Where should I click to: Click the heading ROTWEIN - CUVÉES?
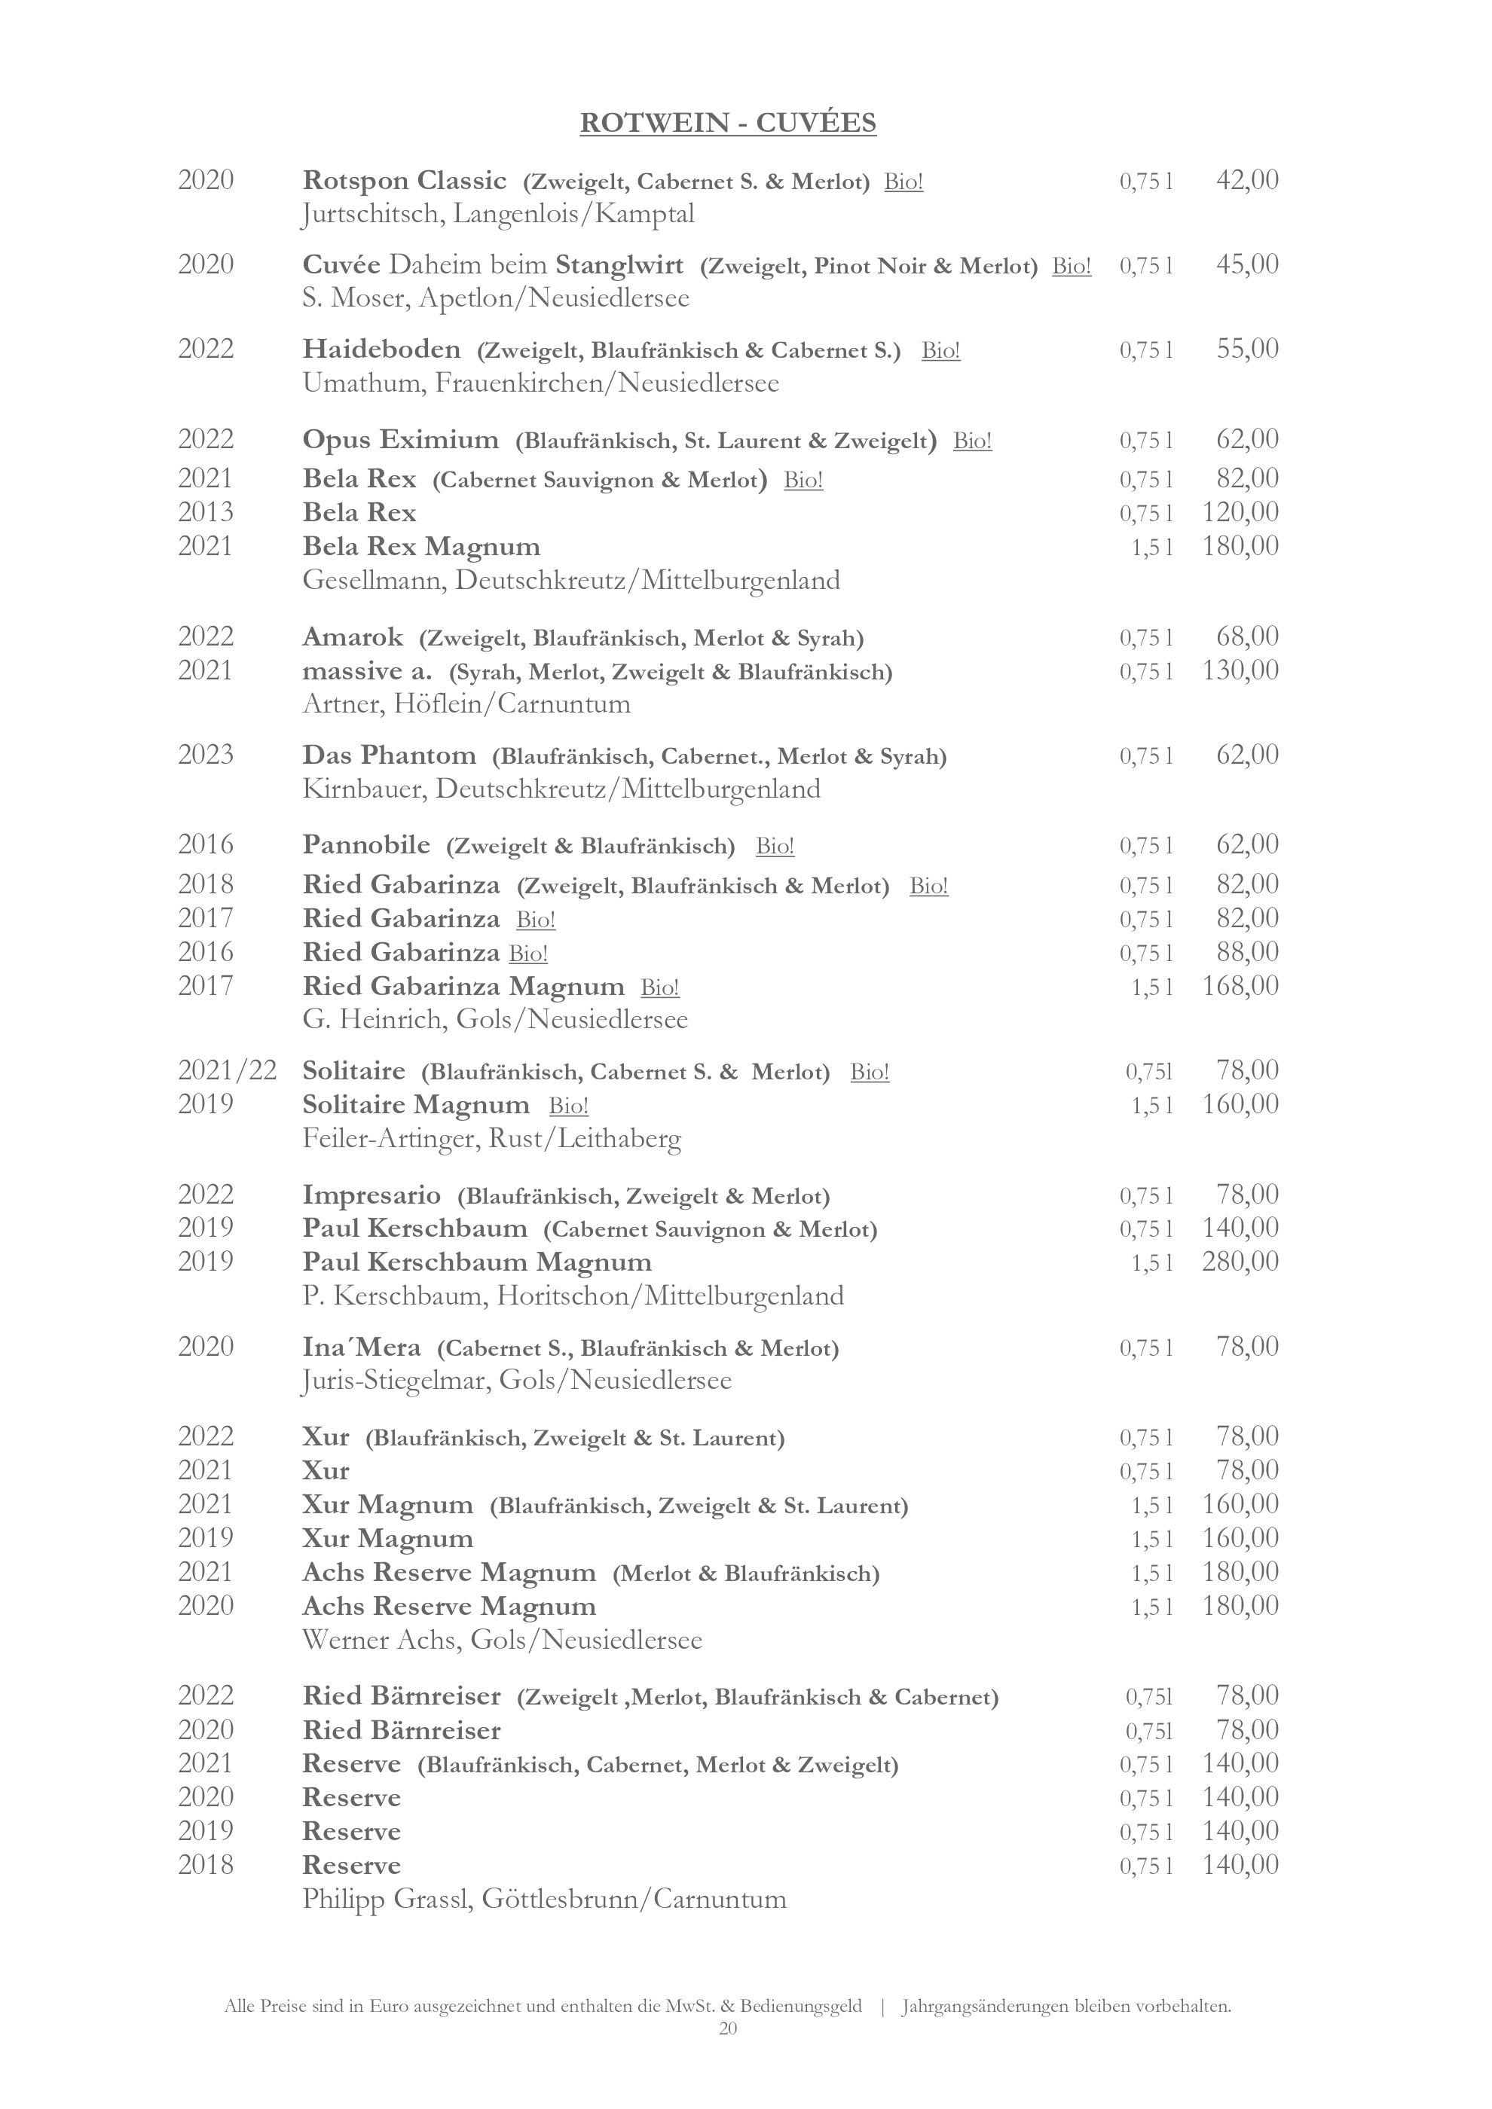pos(728,123)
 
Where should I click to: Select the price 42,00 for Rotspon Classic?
pos(1246,180)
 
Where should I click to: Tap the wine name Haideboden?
pos(381,349)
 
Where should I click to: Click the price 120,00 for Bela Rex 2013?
pos(1240,511)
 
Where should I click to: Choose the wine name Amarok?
pos(353,636)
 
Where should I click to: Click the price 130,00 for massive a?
pos(1240,670)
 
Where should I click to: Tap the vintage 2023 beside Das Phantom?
pos(206,755)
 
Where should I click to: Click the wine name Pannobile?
pos(365,844)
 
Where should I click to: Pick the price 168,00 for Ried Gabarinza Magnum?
pos(1240,986)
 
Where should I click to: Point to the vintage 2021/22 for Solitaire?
pos(227,1070)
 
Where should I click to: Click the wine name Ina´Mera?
pos(361,1348)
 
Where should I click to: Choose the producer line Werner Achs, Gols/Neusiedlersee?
pos(502,1640)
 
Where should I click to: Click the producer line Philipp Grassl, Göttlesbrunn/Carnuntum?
pos(544,1899)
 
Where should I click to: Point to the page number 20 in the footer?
pos(728,2028)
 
